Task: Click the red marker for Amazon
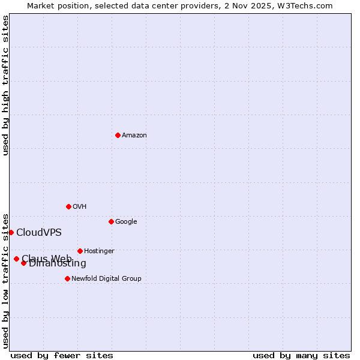pyautogui.click(x=118, y=135)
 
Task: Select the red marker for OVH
pyautogui.click(x=68, y=206)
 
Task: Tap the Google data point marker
pyautogui.click(x=111, y=221)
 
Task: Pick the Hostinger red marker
pyautogui.click(x=80, y=251)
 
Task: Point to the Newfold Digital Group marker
pyautogui.click(x=67, y=278)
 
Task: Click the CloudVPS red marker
pyautogui.click(x=11, y=232)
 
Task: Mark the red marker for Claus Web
pyautogui.click(x=16, y=259)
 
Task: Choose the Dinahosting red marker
pyautogui.click(x=23, y=263)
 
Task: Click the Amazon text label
pyautogui.click(x=134, y=136)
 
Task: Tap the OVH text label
pyautogui.click(x=80, y=207)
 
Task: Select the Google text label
pyautogui.click(x=126, y=222)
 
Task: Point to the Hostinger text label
pyautogui.click(x=99, y=251)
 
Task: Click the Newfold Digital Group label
pyautogui.click(x=106, y=279)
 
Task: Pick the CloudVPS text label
pyautogui.click(x=39, y=233)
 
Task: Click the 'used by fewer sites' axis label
pyautogui.click(x=62, y=355)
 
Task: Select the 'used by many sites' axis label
pyautogui.click(x=301, y=355)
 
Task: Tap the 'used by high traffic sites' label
pyautogui.click(x=5, y=85)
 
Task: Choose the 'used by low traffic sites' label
pyautogui.click(x=5, y=280)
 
